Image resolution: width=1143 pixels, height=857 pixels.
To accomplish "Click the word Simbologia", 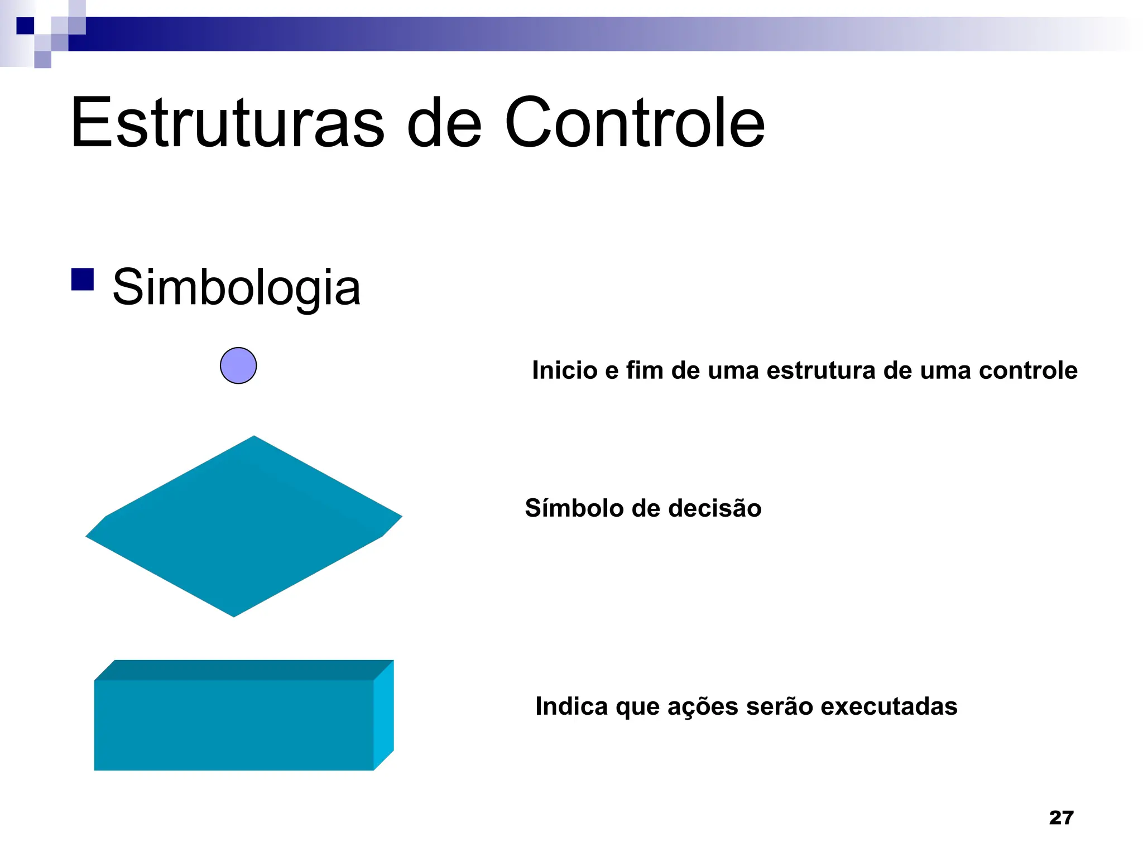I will point(236,287).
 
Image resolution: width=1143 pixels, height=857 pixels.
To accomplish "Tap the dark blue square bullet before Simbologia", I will point(83,280).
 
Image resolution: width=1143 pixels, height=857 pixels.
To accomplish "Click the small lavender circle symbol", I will point(238,365).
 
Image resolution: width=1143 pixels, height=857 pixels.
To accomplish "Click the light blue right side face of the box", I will point(384,714).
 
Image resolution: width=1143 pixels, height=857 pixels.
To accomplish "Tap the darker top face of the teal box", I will point(244,670).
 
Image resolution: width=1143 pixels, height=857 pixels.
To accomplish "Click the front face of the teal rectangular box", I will point(233,725).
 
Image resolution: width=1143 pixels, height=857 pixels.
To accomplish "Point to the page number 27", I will point(1061,817).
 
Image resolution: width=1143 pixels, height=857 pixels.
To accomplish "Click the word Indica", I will point(571,706).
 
